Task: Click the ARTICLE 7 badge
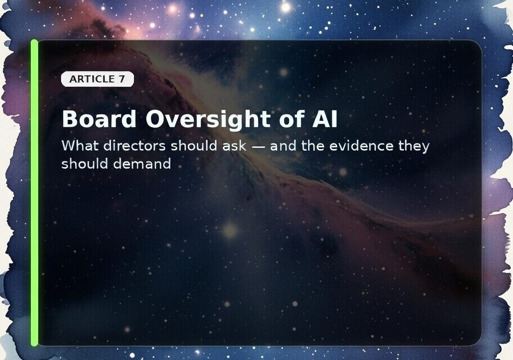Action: pyautogui.click(x=97, y=79)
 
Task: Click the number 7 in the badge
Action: pyautogui.click(x=122, y=79)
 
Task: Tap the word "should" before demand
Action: pyautogui.click(x=86, y=164)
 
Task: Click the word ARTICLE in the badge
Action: pyautogui.click(x=92, y=79)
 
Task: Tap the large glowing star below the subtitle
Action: pyautogui.click(x=229, y=229)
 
